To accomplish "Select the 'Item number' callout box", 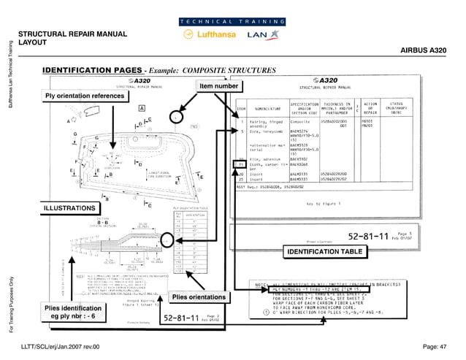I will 219,86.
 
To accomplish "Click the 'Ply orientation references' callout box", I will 85,96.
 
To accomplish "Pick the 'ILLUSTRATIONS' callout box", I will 69,209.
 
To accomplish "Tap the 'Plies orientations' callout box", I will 197,297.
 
